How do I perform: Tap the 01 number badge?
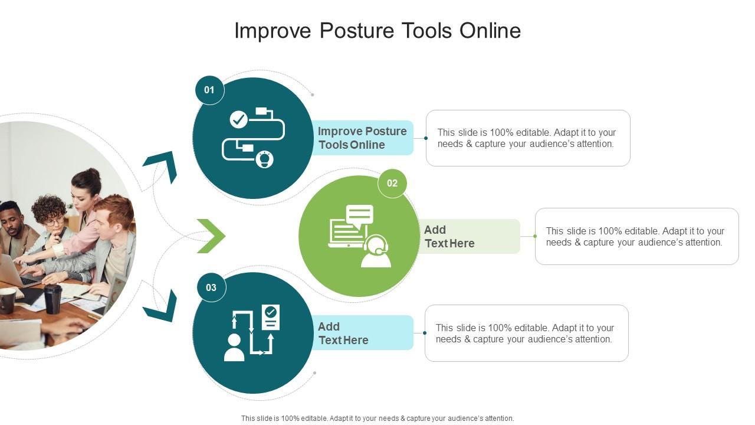[x=209, y=90]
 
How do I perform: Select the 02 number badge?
[x=392, y=183]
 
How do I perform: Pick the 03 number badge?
[x=211, y=287]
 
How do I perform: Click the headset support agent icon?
[x=359, y=236]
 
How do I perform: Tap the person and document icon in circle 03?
[x=252, y=332]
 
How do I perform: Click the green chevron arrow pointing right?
[x=211, y=236]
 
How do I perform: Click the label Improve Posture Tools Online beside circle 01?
[x=362, y=138]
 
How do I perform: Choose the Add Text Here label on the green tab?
[x=449, y=236]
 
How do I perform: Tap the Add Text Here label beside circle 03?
[x=343, y=333]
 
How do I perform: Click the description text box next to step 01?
[x=527, y=138]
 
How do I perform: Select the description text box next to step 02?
[x=636, y=236]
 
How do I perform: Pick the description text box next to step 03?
[x=526, y=333]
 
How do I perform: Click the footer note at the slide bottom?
[x=377, y=418]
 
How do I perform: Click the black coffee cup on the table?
[x=53, y=298]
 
